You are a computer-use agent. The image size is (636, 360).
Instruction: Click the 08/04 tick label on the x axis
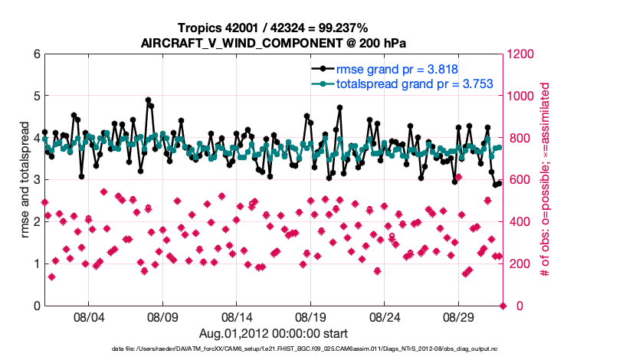(88, 316)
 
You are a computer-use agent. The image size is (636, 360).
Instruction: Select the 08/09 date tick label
(162, 316)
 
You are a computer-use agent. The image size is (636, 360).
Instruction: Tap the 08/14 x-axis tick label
(237, 316)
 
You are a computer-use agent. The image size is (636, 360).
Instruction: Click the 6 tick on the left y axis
(36, 54)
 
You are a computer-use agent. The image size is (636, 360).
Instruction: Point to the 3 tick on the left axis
(36, 180)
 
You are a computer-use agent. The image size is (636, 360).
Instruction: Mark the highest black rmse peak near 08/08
(148, 100)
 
